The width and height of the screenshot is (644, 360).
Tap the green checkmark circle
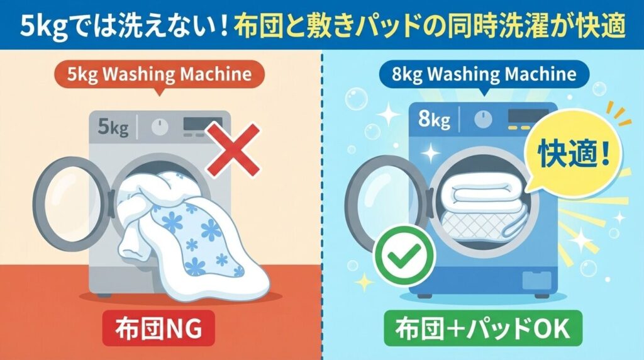pos(397,255)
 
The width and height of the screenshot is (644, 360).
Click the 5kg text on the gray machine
pos(113,129)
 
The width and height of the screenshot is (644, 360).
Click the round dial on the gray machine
pos(160,126)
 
